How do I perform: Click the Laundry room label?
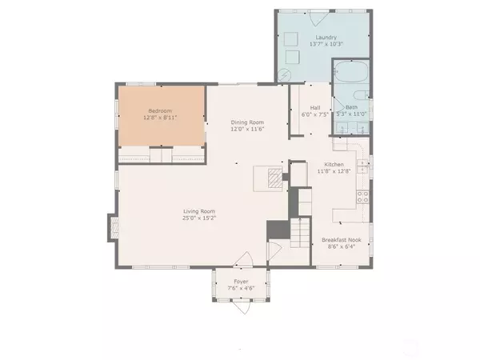(325, 37)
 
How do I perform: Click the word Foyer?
(240, 282)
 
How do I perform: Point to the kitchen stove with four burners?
(362, 195)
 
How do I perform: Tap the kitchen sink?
(362, 166)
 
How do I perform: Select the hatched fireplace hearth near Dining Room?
(274, 177)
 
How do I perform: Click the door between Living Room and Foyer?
(242, 260)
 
